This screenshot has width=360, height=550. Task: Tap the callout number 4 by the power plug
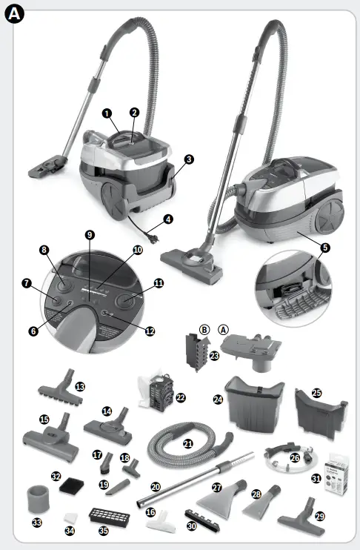click(169, 219)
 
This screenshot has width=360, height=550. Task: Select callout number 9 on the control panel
click(90, 235)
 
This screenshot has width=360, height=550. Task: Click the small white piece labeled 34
click(71, 516)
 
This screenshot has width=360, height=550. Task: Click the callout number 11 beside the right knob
click(159, 283)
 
